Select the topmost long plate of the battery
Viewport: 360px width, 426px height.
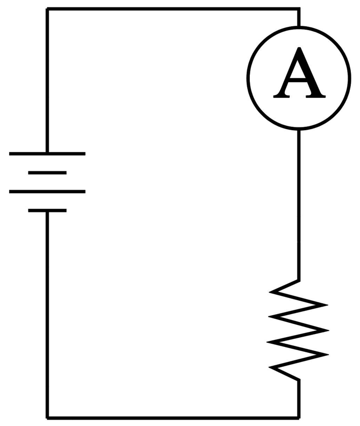pyautogui.click(x=47, y=154)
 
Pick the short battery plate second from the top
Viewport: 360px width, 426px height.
pyautogui.click(x=47, y=173)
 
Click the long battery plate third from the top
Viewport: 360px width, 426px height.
pyautogui.click(x=47, y=191)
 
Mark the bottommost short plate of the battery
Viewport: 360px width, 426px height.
pyautogui.click(x=47, y=210)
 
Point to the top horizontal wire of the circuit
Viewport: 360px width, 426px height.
pyautogui.click(x=172, y=9)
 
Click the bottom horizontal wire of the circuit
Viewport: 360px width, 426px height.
pyautogui.click(x=172, y=417)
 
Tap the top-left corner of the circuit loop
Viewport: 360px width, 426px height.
pyautogui.click(x=47, y=9)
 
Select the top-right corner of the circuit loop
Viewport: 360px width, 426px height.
pyautogui.click(x=299, y=9)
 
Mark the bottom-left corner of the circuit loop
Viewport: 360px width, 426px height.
pyautogui.click(x=47, y=417)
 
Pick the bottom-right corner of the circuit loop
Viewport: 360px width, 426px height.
pyautogui.click(x=299, y=417)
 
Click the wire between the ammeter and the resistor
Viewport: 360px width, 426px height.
pyautogui.click(x=299, y=204)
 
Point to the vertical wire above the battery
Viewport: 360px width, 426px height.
pyautogui.click(x=47, y=81)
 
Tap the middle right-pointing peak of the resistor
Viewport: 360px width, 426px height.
pyautogui.click(x=326, y=329)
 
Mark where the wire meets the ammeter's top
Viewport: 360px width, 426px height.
pyautogui.click(x=299, y=25)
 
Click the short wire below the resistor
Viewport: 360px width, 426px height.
pyautogui.click(x=299, y=398)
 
